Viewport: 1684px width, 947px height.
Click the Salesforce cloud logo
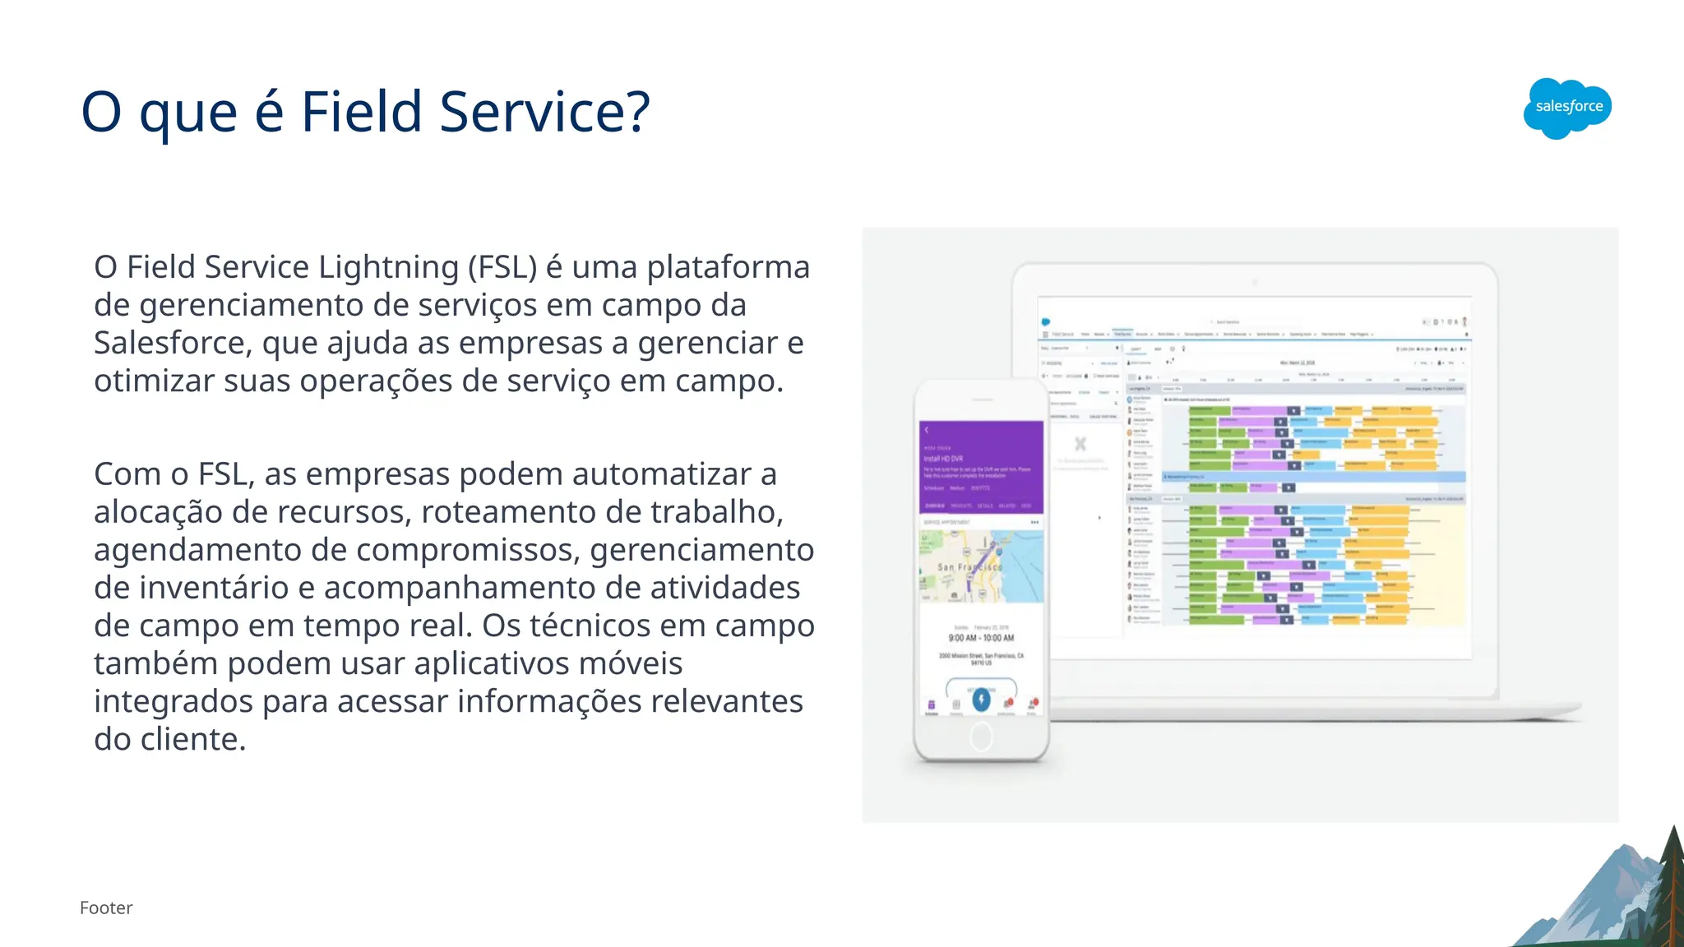point(1567,108)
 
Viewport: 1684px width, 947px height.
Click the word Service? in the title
point(544,112)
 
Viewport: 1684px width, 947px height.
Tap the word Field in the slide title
point(362,112)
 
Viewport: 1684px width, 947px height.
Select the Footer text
point(106,908)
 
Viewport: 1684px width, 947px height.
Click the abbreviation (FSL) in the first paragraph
point(502,267)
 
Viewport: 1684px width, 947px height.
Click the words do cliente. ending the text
point(169,739)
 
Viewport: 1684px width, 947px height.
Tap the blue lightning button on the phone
point(981,699)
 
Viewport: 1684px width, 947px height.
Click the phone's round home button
point(981,737)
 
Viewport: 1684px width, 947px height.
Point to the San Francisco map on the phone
point(981,566)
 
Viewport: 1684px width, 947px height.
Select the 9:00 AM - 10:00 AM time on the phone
point(981,638)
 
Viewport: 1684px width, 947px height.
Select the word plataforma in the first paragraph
point(728,267)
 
